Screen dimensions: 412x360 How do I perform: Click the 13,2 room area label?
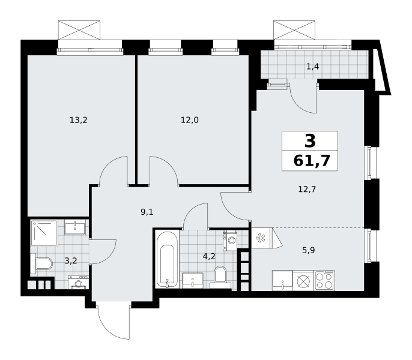pyautogui.click(x=78, y=120)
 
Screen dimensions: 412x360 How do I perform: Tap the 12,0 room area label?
pyautogui.click(x=189, y=120)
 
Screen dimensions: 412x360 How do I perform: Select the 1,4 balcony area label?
pyautogui.click(x=313, y=67)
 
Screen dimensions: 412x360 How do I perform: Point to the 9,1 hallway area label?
pyautogui.click(x=147, y=212)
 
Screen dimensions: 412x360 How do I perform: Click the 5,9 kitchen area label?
pyautogui.click(x=309, y=250)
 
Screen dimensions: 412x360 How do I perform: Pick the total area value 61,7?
pyautogui.click(x=312, y=161)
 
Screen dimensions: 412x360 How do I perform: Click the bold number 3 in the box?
pyautogui.click(x=310, y=141)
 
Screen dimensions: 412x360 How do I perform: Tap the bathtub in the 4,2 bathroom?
pyautogui.click(x=167, y=259)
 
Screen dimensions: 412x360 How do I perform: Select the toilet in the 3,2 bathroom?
pyautogui.click(x=42, y=263)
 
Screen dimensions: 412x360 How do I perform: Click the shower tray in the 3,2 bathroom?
pyautogui.click(x=44, y=233)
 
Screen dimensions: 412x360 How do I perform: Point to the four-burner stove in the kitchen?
pyautogui.click(x=324, y=281)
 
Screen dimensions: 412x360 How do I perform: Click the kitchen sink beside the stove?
pyautogui.click(x=282, y=281)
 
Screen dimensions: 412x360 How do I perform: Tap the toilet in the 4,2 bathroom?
pyautogui.click(x=220, y=277)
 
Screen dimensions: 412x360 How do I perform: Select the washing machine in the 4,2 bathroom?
pyautogui.click(x=230, y=241)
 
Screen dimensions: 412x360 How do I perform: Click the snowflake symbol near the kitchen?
pyautogui.click(x=261, y=238)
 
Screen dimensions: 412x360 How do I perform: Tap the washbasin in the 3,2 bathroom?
pyautogui.click(x=75, y=227)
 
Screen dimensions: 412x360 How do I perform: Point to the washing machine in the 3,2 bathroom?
pyautogui.click(x=78, y=282)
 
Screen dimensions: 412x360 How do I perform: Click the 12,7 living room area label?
pyautogui.click(x=307, y=189)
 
